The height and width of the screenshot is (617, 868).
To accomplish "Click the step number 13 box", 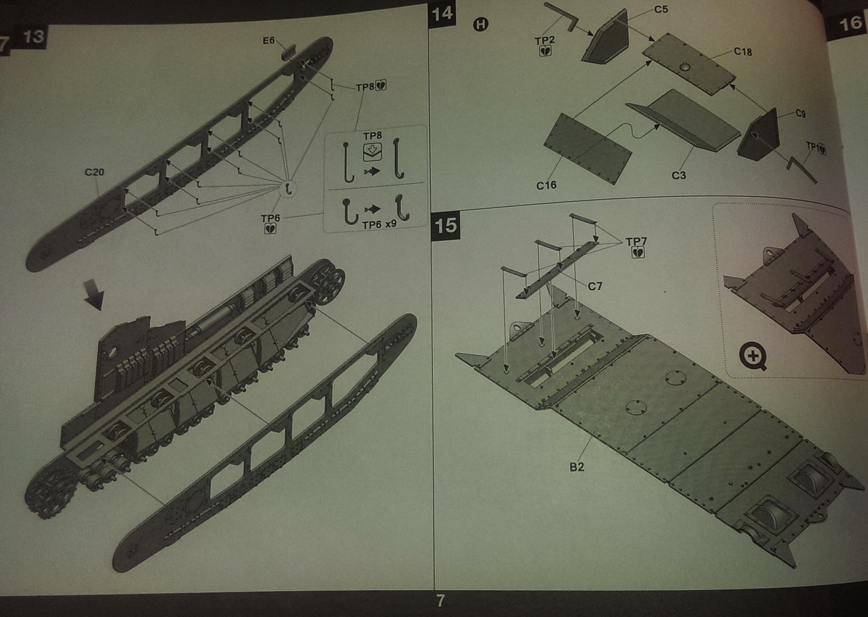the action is [34, 36].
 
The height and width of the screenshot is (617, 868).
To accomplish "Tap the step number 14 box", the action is [442, 13].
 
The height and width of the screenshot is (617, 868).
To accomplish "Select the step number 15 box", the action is [445, 225].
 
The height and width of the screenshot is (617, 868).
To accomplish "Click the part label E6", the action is [269, 41].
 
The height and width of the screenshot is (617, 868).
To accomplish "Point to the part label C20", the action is [94, 172].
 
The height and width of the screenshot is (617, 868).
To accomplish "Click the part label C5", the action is [661, 9].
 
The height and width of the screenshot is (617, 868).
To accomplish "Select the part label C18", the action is [743, 52].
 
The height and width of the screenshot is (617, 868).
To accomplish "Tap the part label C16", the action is [546, 185].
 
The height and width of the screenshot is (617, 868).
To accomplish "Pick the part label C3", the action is [679, 175].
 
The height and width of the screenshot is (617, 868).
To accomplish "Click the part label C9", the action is [801, 113].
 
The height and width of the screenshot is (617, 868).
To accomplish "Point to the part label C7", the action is [595, 286].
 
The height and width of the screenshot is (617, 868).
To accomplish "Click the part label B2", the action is [577, 467].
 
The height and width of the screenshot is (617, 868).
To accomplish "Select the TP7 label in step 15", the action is [636, 242].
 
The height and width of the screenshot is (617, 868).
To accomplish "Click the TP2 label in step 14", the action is [545, 40].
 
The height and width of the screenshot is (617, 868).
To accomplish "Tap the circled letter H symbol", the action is [481, 24].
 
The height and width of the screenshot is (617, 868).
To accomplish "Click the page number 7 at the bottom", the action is [441, 600].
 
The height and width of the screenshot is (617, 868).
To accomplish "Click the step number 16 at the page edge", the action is [850, 23].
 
